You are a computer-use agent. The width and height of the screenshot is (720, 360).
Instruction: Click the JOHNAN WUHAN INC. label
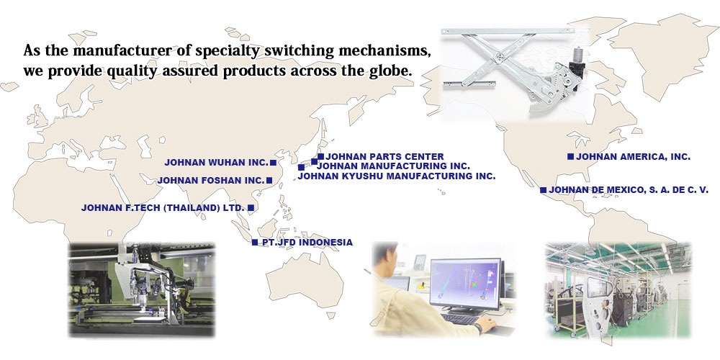point(216,163)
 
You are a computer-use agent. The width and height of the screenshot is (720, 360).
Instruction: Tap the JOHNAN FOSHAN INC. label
point(212,181)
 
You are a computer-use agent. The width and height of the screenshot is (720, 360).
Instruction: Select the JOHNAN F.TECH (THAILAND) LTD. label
point(163,208)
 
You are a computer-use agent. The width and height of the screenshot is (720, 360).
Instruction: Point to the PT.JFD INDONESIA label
point(307,243)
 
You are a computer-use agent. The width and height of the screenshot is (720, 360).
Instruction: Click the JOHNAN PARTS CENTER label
point(384,157)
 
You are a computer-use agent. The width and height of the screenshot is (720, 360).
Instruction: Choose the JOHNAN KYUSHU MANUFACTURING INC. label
point(397,176)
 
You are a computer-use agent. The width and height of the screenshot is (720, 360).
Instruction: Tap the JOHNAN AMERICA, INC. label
point(633,156)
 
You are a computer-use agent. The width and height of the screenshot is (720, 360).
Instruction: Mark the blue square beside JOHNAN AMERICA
point(570,156)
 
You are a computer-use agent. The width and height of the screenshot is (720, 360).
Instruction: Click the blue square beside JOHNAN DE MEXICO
point(543,190)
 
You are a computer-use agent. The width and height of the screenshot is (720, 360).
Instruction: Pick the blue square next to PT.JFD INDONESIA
point(255,243)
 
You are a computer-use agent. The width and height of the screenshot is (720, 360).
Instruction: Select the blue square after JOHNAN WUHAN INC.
point(273,163)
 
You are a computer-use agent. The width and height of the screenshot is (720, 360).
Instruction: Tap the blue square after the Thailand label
point(251,208)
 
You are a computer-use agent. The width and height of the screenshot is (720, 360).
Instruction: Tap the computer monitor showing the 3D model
point(465,284)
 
